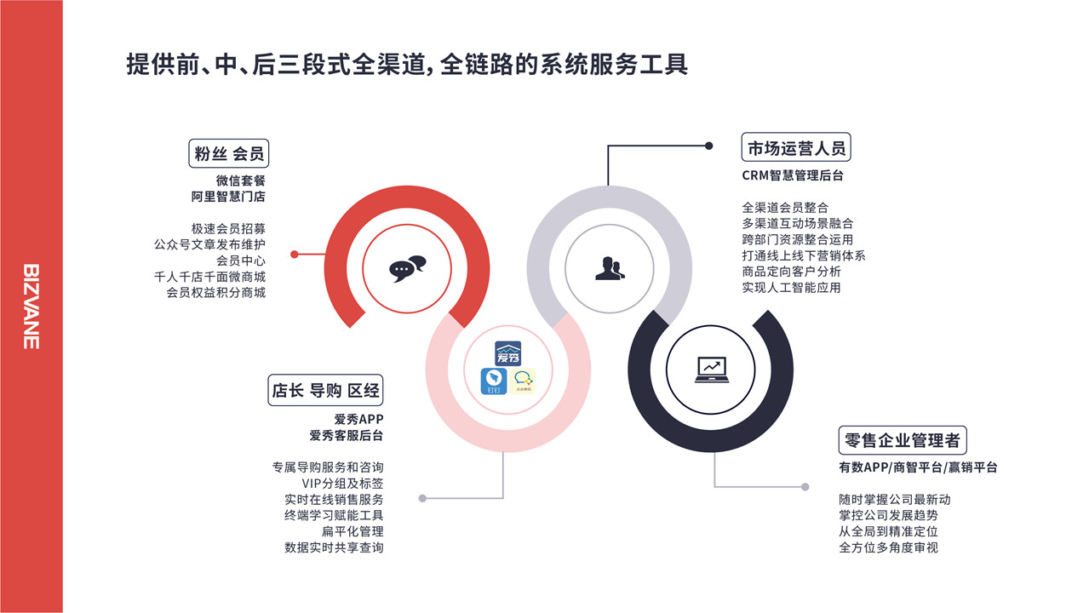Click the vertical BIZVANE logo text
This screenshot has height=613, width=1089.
(x=32, y=306)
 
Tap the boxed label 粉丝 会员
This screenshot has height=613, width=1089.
(x=228, y=153)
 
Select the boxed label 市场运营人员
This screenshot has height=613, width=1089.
(x=796, y=146)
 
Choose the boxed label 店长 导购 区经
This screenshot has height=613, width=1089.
(x=325, y=390)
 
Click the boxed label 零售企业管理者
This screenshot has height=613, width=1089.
(x=903, y=440)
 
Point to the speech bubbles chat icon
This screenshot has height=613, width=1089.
(x=407, y=268)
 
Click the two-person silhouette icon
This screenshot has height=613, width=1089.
(x=610, y=268)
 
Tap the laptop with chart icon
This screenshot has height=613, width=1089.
(x=711, y=370)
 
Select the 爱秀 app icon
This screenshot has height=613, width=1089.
(x=508, y=353)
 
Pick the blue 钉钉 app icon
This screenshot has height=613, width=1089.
(x=494, y=381)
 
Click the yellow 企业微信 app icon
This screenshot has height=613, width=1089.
(x=522, y=381)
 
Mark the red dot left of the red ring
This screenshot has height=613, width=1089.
(x=294, y=255)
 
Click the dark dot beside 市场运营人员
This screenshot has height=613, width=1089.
(x=708, y=146)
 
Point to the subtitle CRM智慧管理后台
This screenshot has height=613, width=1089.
(x=793, y=175)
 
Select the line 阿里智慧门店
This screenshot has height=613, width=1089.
(x=228, y=197)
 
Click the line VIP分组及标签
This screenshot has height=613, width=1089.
(x=342, y=484)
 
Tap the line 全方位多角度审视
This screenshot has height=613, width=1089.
(x=888, y=547)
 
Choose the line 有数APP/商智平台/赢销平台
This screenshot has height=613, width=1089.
(x=918, y=467)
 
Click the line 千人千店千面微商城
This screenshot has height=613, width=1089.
(x=209, y=277)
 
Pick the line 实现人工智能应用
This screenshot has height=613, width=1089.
(x=791, y=287)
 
